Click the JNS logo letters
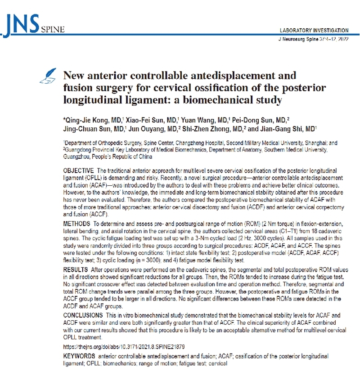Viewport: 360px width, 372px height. [23, 23]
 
